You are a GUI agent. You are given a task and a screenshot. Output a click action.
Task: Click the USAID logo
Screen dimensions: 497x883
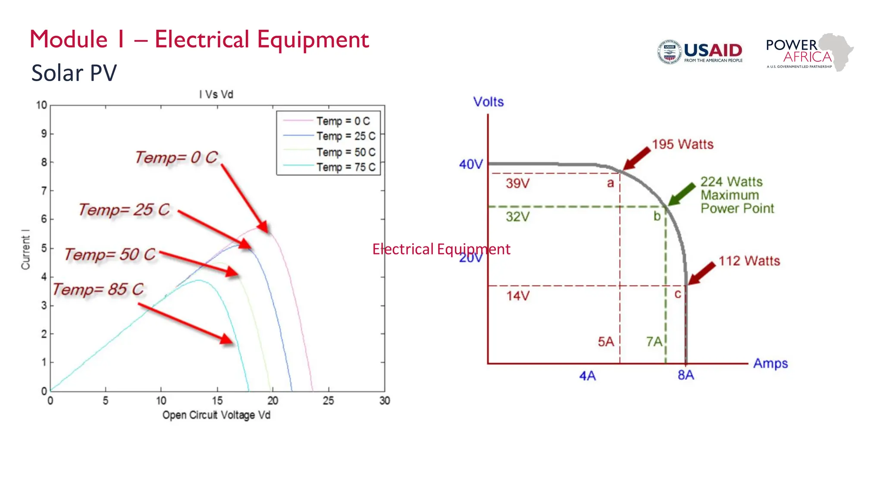[x=700, y=52]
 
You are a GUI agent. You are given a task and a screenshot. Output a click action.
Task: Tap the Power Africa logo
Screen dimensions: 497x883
[x=809, y=52]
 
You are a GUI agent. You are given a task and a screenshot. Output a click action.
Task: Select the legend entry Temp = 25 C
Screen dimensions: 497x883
[x=345, y=136]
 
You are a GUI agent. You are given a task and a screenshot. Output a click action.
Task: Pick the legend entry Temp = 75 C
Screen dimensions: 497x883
[x=345, y=167]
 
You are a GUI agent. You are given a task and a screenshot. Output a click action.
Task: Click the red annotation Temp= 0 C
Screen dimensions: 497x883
[x=176, y=157]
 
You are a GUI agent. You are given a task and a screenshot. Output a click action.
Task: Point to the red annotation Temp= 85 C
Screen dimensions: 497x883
[x=98, y=289]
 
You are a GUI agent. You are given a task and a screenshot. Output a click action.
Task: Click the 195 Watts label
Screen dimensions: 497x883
[x=682, y=145]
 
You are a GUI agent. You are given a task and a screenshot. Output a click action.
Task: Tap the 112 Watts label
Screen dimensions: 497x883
[x=749, y=261]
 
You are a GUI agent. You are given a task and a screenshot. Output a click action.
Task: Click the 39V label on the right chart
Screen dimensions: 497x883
[x=517, y=183]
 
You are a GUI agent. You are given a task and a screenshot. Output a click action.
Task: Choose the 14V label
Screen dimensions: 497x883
[x=517, y=296]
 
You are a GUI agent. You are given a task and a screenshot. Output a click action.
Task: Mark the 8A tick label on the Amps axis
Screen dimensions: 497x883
[x=686, y=375]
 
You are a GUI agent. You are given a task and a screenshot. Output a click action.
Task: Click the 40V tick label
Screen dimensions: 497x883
[x=470, y=164]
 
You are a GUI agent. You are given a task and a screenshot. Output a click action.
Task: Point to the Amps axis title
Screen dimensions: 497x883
[x=770, y=363]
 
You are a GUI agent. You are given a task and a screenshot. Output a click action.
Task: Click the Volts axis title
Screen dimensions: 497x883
[x=488, y=102]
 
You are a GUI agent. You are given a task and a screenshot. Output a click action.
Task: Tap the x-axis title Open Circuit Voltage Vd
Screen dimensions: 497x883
[x=216, y=415]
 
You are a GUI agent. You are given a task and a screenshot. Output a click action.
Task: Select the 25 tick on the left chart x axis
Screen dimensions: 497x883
[x=328, y=401]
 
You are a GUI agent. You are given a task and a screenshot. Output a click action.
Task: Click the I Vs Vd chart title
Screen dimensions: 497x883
[x=216, y=94]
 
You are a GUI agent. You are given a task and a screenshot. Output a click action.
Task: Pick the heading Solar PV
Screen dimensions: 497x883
[x=74, y=73]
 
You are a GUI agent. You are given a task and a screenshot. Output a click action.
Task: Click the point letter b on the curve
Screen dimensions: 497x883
[x=657, y=216]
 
